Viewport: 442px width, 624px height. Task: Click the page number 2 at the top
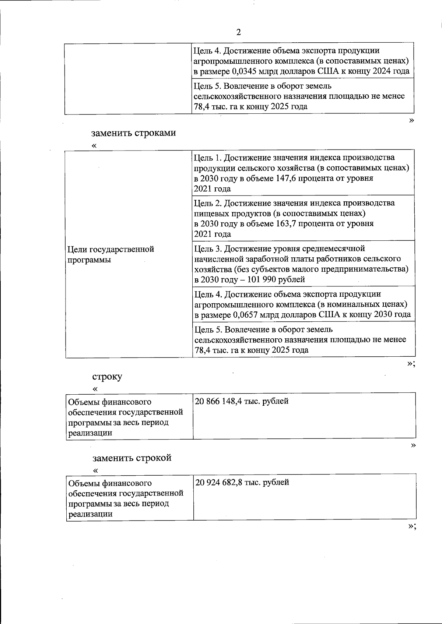click(238, 32)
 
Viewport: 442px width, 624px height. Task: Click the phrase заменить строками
click(134, 133)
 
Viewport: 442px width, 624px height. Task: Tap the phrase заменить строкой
click(132, 458)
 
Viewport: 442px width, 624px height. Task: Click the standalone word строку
click(107, 377)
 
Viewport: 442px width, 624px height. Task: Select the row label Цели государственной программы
click(110, 254)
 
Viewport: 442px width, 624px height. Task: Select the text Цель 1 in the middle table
click(207, 158)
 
